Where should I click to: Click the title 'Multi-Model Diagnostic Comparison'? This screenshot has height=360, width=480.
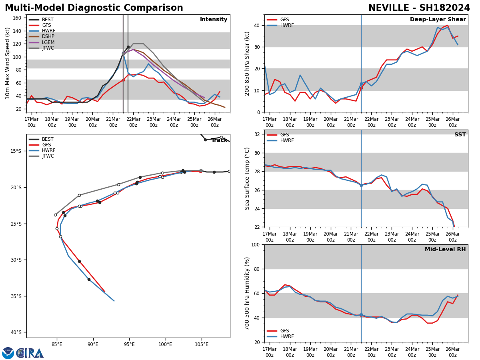[x=94, y=8]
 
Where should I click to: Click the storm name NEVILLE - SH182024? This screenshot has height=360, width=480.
[x=419, y=8]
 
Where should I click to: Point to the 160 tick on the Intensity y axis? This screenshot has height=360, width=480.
[x=18, y=18]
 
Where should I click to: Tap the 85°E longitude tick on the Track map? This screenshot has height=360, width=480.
[x=57, y=344]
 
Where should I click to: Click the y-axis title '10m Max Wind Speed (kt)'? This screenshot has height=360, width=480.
[x=8, y=63]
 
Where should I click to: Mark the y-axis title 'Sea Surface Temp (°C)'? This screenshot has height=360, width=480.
[x=247, y=178]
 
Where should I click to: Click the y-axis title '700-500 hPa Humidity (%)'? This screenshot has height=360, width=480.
[x=247, y=293]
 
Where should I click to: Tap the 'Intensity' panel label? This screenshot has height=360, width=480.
[x=214, y=20]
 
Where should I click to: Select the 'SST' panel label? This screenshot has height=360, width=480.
[x=460, y=135]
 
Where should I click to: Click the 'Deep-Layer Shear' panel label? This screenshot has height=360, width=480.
[x=438, y=20]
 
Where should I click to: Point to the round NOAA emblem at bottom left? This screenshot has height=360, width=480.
[x=8, y=353]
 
